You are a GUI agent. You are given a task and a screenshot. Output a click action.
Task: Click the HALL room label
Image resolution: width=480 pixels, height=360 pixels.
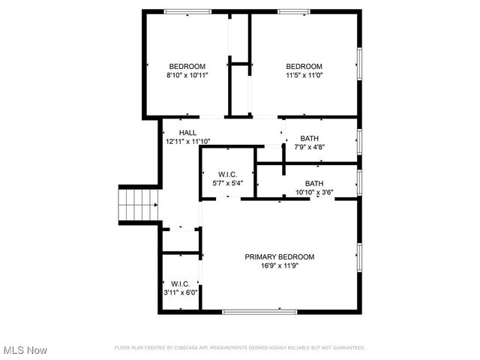(187, 133)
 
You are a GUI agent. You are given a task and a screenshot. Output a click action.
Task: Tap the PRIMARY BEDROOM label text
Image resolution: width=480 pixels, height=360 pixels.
(280, 256)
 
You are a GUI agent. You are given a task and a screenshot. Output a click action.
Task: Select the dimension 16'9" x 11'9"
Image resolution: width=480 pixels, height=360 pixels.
(280, 265)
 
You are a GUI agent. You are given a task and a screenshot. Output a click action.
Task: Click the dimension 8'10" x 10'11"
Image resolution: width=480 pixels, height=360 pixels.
(187, 75)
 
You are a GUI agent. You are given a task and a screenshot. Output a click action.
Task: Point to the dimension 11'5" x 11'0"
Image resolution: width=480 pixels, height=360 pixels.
(304, 75)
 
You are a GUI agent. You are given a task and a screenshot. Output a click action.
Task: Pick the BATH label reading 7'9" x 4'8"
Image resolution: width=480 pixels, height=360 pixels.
(309, 139)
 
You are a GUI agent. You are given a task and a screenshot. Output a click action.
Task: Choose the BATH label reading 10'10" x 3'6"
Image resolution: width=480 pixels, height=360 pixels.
(314, 184)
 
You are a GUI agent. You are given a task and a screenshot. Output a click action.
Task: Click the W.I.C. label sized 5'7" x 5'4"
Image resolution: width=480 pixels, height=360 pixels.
(227, 174)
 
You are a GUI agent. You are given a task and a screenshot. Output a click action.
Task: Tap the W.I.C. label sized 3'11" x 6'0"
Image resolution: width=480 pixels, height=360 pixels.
(180, 283)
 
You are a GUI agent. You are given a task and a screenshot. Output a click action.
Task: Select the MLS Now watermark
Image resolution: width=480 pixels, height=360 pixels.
(25, 350)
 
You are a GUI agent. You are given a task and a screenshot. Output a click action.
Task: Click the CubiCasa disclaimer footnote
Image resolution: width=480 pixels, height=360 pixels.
(239, 348)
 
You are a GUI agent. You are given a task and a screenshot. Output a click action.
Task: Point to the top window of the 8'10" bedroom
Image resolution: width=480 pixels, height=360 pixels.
(187, 11)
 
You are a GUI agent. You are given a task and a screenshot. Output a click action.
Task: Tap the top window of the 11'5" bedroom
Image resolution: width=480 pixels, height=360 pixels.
(294, 11)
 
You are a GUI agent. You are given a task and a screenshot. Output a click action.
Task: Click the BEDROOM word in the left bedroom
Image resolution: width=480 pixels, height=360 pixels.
(187, 66)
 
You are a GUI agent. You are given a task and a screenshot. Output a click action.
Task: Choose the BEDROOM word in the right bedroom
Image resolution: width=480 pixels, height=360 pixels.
(304, 66)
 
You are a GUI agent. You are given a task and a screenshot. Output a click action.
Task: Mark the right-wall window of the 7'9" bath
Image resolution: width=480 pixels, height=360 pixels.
(359, 140)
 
